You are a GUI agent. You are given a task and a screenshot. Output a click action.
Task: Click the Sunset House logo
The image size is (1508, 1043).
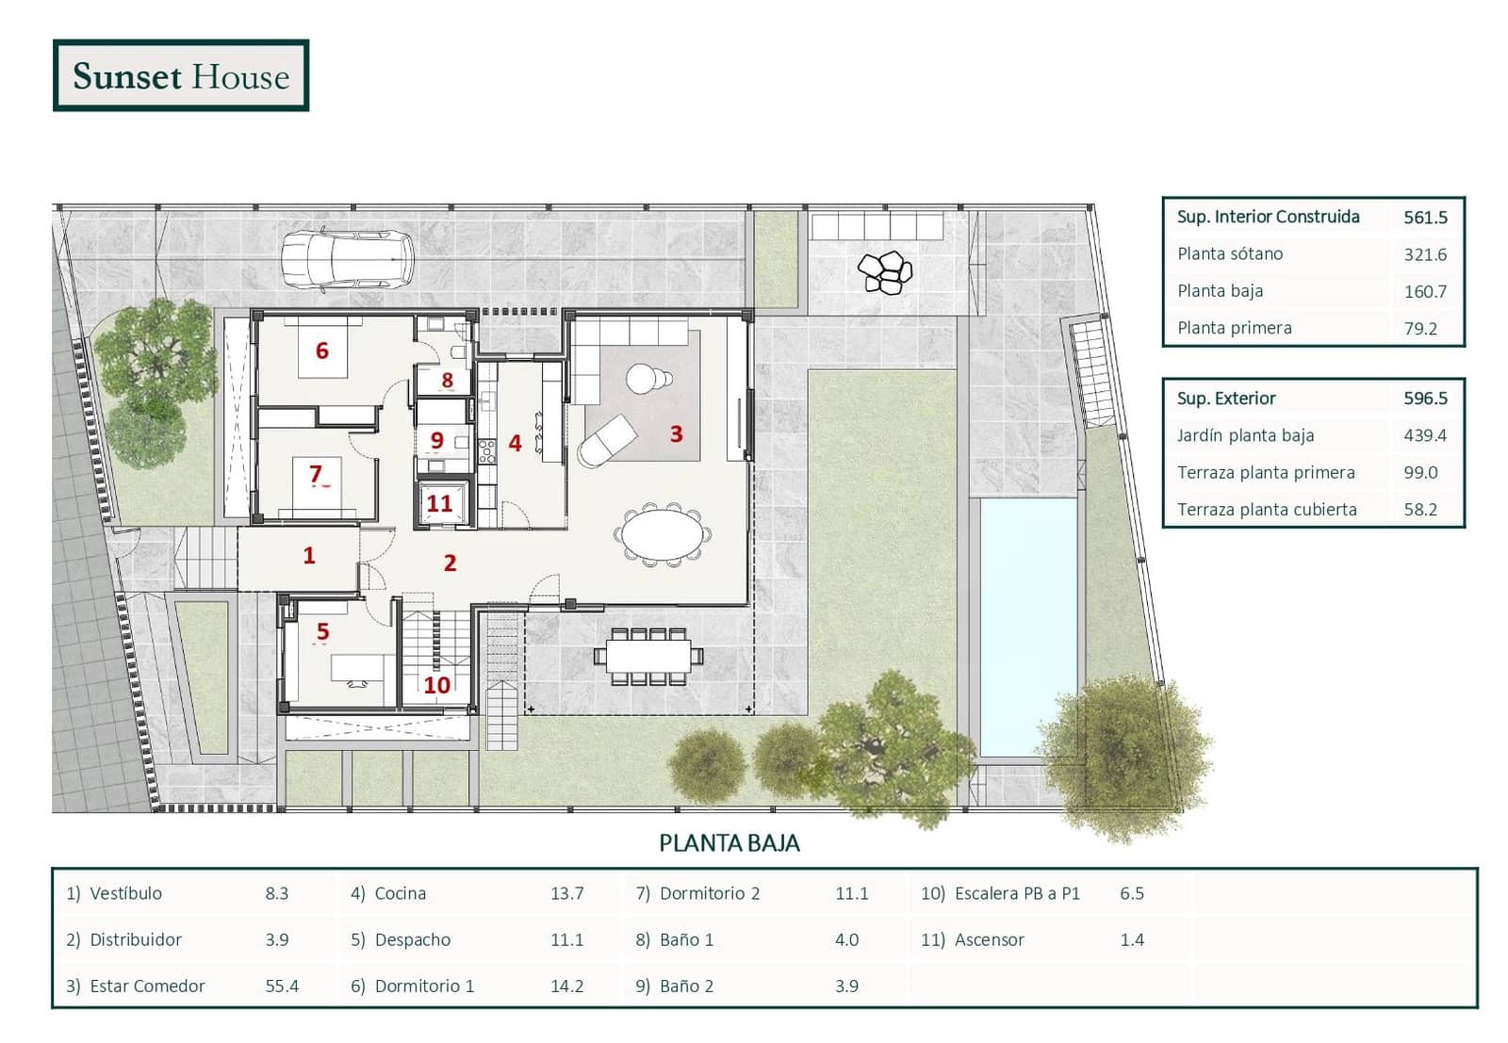click(181, 75)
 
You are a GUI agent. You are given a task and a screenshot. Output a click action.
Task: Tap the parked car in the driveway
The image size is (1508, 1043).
click(348, 259)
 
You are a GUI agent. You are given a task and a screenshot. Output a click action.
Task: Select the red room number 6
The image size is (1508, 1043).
click(322, 350)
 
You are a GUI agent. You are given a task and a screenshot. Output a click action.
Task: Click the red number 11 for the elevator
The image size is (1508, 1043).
click(439, 503)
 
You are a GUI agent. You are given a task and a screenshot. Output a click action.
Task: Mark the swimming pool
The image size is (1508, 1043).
click(1028, 627)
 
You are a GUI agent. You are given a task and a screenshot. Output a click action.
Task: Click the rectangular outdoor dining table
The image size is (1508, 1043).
click(649, 656)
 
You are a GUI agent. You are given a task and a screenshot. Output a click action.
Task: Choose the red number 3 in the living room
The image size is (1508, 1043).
click(677, 434)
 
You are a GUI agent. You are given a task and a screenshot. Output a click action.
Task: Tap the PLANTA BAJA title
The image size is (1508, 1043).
click(729, 843)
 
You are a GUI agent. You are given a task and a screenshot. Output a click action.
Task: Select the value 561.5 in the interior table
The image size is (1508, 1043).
click(1425, 218)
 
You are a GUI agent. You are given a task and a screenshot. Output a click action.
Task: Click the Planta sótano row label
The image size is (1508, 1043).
click(1230, 253)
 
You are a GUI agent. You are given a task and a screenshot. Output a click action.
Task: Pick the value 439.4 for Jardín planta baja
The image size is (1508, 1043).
click(1424, 435)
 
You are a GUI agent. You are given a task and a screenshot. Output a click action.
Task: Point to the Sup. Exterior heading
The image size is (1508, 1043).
click(1226, 399)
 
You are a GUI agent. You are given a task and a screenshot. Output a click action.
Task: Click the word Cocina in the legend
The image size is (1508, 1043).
click(401, 893)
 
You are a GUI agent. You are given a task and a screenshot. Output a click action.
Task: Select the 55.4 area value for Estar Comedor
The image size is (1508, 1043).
click(282, 986)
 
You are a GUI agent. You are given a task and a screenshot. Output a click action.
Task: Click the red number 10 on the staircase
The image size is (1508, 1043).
click(437, 685)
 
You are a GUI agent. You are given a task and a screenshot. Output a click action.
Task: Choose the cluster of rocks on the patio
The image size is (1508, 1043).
click(885, 272)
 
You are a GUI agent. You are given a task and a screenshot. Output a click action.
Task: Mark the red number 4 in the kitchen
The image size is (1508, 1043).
click(515, 443)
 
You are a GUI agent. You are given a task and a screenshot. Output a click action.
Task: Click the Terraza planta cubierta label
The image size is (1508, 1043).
click(1267, 510)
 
